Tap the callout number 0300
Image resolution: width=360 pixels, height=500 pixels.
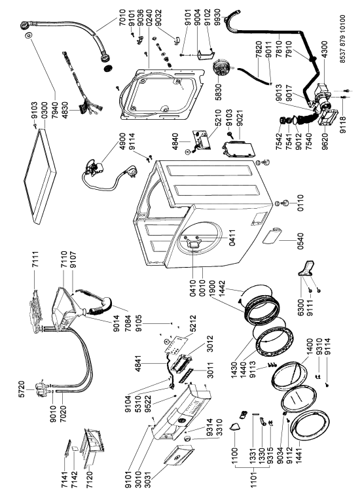click(44, 111)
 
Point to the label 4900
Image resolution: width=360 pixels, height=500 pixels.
click(123, 142)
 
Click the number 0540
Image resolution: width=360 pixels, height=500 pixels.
click(300, 241)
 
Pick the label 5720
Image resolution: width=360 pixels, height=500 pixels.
click(22, 389)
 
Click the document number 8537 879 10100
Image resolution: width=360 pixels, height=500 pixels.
click(342, 39)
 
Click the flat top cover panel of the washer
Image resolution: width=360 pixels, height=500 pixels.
click(40, 175)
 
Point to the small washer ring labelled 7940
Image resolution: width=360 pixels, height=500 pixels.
click(28, 35)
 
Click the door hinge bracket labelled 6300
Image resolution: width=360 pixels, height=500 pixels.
click(307, 268)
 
